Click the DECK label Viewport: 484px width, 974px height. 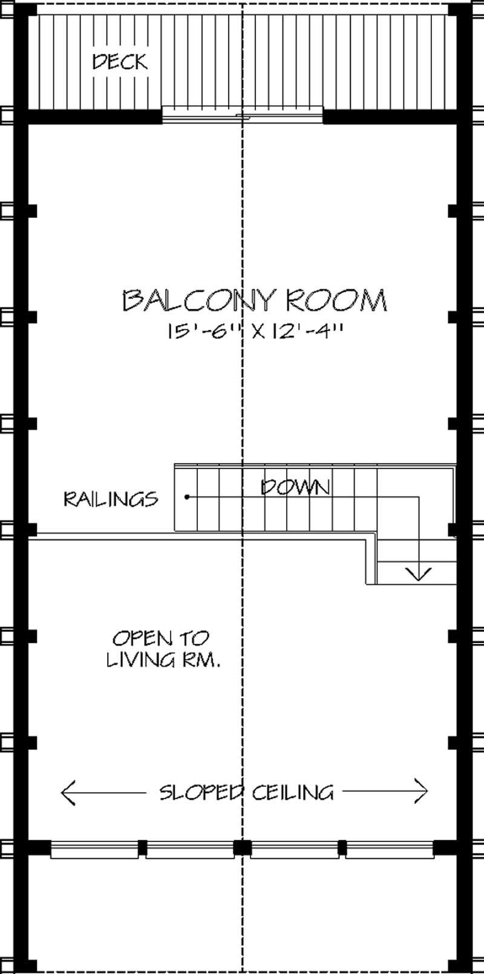(120, 61)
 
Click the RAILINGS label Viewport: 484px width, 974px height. (111, 499)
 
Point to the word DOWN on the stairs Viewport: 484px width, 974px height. (295, 487)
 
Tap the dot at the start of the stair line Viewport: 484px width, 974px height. (188, 497)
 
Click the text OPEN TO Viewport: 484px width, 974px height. (160, 638)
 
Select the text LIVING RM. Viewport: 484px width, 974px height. (163, 659)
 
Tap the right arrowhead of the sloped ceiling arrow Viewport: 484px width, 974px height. (423, 791)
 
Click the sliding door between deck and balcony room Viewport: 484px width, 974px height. (242, 116)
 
